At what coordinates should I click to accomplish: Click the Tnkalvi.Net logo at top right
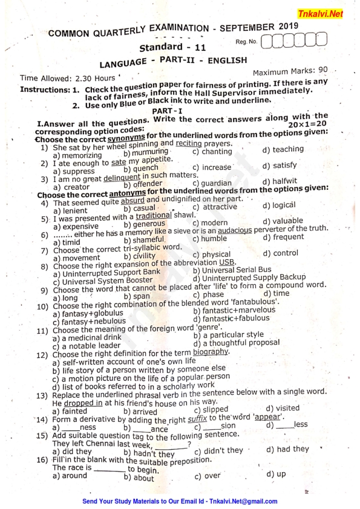tap(329, 13)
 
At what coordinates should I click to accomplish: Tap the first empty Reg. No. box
tap(271, 42)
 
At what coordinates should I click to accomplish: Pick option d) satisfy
tap(280, 165)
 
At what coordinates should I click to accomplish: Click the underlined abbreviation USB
tap(227, 262)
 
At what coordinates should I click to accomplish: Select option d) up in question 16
tap(276, 474)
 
